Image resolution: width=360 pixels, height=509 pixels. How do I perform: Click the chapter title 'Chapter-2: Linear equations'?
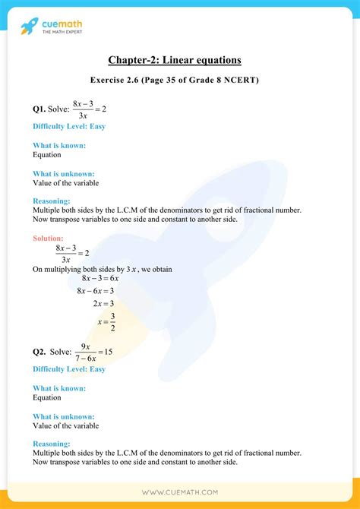point(179,60)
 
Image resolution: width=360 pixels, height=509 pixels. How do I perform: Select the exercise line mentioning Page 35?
point(179,80)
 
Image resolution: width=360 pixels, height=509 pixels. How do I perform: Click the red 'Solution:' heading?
point(49,238)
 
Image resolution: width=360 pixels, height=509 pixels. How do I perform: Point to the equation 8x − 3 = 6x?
point(95,279)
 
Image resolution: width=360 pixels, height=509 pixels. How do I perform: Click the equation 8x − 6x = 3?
point(95,291)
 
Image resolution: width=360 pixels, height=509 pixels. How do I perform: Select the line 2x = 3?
point(103,303)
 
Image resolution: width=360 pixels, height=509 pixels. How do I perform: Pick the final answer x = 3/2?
point(106,321)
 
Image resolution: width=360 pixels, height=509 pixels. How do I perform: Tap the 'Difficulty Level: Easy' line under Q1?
point(69,126)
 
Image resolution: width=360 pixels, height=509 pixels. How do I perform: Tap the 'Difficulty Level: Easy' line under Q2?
point(69,369)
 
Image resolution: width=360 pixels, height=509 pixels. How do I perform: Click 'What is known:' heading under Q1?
point(59,145)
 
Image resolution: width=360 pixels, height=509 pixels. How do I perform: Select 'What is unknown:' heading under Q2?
point(64,416)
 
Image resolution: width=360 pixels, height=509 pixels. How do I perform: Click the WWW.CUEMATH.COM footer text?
point(180,492)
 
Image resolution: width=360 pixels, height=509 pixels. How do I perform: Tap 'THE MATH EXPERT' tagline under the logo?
point(64,33)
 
